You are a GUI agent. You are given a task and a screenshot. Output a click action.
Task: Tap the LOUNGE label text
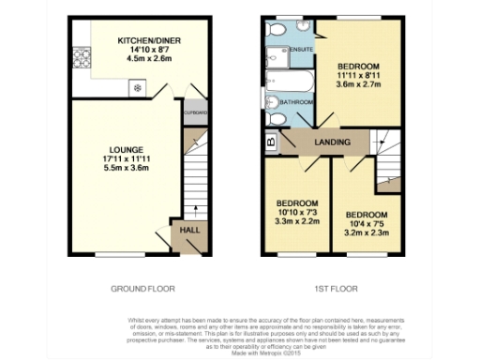(x=125, y=150)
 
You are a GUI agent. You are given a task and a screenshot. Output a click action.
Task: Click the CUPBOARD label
(x=196, y=112)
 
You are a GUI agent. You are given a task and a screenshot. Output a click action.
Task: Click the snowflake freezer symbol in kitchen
(x=138, y=88)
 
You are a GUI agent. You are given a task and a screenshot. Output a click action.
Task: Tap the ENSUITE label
(x=302, y=47)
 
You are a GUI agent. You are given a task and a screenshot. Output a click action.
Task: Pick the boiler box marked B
(x=271, y=143)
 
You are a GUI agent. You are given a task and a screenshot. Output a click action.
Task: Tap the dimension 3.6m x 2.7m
(x=358, y=86)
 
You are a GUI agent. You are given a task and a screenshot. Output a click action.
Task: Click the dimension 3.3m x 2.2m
(x=296, y=223)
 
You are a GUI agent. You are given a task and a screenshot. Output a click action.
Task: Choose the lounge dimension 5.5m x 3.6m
(x=125, y=169)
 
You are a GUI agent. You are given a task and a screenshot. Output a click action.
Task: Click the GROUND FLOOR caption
(x=142, y=288)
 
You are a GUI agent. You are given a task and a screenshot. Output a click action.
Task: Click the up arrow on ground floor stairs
(x=194, y=211)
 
